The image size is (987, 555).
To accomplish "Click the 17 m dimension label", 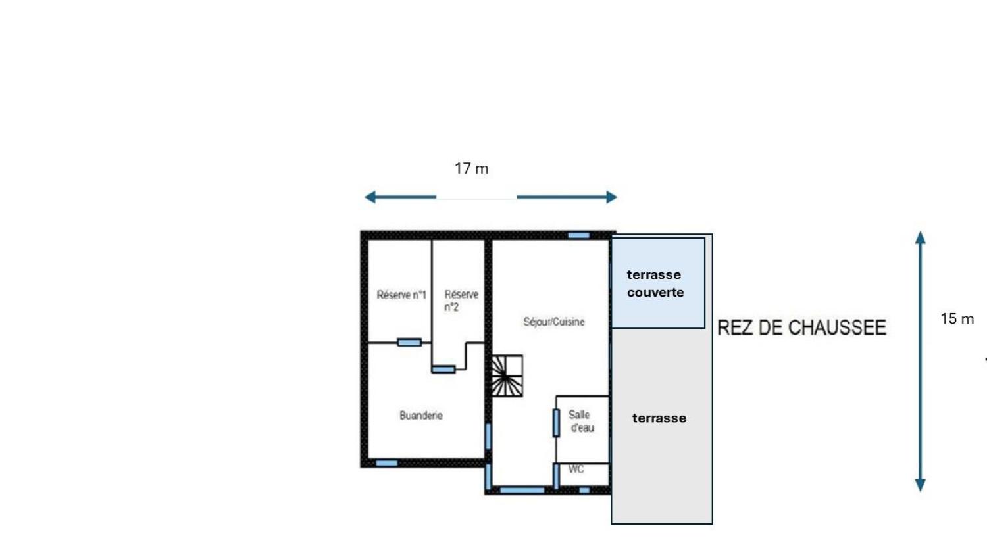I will (x=471, y=168).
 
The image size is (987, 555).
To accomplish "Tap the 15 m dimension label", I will (x=957, y=319).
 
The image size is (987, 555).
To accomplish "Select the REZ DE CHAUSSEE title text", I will (x=801, y=327).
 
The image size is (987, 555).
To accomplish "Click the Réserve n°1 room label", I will (x=401, y=295).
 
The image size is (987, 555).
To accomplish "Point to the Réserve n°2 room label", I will (x=461, y=301).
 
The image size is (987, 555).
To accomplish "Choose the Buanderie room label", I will (x=421, y=416).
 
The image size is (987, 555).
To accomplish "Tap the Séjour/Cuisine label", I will (x=553, y=322).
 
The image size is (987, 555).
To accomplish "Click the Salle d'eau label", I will (x=581, y=421).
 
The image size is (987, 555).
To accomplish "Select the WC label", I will (x=576, y=470).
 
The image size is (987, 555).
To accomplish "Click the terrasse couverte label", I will (x=655, y=283).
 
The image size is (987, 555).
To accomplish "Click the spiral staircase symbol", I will (x=507, y=376).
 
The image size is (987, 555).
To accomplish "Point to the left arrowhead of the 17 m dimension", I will (x=370, y=197).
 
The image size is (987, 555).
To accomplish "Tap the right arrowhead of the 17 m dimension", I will (x=611, y=197).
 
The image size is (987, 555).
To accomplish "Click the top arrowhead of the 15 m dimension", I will (x=920, y=237).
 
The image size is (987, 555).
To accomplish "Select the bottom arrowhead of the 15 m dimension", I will (x=920, y=485).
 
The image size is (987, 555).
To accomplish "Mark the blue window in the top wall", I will (x=578, y=235).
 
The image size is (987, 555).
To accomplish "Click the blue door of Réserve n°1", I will (x=409, y=342).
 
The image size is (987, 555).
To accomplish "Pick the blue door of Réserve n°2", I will (x=443, y=370).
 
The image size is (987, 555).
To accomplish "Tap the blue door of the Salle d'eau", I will (x=556, y=422).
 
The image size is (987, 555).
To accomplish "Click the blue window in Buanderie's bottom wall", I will (x=386, y=463).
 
